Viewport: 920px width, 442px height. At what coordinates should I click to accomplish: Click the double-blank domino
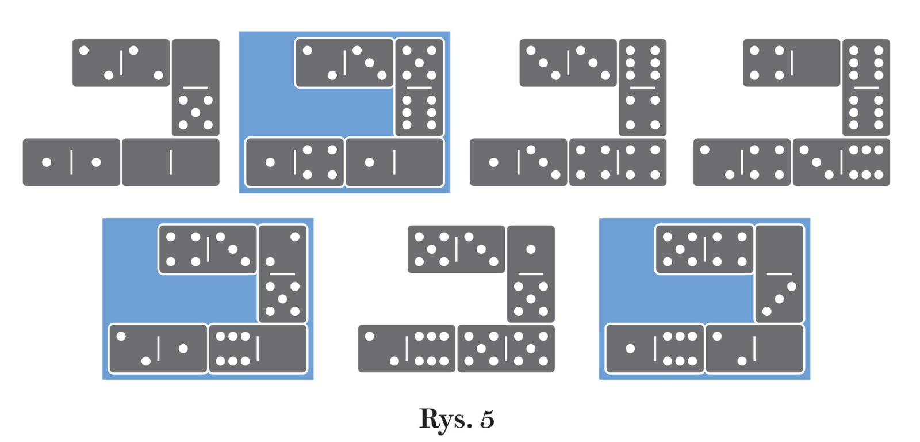point(171,162)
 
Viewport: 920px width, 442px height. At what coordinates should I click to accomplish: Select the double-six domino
point(866,87)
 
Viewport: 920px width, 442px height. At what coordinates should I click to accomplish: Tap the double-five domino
point(506,348)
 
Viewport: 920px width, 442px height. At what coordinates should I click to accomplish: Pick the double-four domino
point(618,162)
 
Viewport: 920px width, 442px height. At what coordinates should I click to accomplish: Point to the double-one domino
point(71,162)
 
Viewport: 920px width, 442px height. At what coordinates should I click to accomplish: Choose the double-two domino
point(121,63)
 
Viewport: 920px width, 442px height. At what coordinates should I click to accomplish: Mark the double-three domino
point(568,63)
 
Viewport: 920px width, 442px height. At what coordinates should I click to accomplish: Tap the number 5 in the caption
point(486,419)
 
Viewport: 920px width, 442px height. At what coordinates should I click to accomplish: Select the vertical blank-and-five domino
point(195,87)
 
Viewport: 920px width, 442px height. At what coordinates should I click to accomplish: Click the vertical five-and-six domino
point(419,87)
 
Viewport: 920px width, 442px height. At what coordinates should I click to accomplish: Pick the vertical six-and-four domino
point(642,87)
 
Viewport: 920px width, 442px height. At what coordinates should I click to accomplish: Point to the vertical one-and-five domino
point(531,274)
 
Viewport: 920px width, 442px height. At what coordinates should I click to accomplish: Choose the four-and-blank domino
point(792,63)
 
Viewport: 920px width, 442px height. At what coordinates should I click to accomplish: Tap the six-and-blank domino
point(258,348)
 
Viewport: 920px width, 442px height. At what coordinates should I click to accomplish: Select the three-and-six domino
point(841,162)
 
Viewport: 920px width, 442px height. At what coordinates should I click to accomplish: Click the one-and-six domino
point(655,348)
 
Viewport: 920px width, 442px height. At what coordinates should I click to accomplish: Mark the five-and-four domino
point(704,249)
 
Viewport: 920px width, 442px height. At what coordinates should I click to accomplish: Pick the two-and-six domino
point(407,348)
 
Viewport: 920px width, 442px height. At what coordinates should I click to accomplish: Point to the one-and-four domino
point(295,162)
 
